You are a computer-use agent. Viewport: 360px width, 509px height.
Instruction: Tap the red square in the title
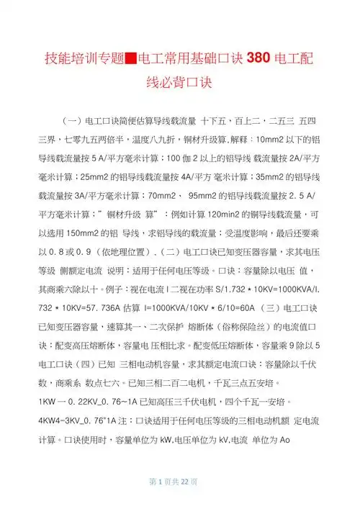pyautogui.click(x=132, y=58)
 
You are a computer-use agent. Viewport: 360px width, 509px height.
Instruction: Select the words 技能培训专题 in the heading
pyautogui.click(x=85, y=58)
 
